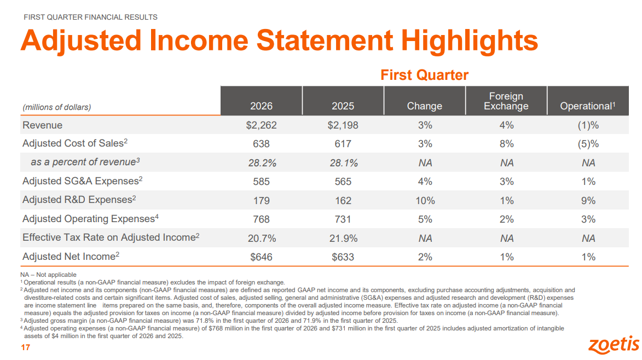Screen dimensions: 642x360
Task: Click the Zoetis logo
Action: click(x=614, y=345)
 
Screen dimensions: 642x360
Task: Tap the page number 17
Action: click(x=25, y=348)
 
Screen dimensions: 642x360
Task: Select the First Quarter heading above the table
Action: click(x=425, y=75)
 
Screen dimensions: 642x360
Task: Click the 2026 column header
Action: click(x=261, y=106)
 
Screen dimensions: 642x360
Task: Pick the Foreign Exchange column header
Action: click(x=506, y=101)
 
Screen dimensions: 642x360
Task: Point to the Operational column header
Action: click(x=588, y=106)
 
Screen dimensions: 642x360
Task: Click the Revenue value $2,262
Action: click(x=261, y=125)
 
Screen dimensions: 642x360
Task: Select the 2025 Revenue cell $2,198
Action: click(x=343, y=125)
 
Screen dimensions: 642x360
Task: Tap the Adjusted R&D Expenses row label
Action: click(x=79, y=200)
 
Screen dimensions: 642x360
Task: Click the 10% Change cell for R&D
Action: click(x=425, y=200)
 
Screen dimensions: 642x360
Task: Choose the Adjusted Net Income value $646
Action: click(x=261, y=257)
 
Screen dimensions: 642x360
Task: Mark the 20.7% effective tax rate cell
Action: click(x=262, y=238)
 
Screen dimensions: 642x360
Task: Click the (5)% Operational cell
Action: click(x=588, y=144)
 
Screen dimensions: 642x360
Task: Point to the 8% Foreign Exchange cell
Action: click(x=506, y=144)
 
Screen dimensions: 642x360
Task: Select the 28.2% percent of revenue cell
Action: click(x=262, y=163)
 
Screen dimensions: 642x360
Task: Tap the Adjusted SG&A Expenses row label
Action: click(x=82, y=181)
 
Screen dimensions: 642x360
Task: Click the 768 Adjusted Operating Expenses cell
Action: click(x=261, y=219)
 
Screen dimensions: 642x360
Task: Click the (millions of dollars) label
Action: click(x=56, y=107)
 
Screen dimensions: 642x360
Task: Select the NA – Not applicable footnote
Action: click(x=48, y=275)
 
